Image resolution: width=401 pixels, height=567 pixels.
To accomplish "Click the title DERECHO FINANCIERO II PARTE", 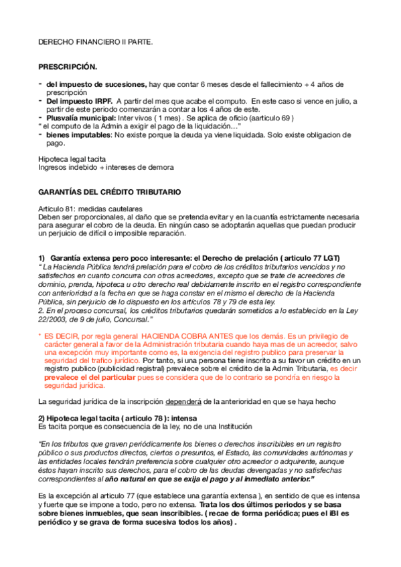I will [x=95, y=42].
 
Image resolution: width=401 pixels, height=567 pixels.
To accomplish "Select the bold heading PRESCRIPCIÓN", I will [x=68, y=68].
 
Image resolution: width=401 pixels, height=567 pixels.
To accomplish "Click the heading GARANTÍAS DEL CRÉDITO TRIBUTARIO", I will [x=110, y=192].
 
